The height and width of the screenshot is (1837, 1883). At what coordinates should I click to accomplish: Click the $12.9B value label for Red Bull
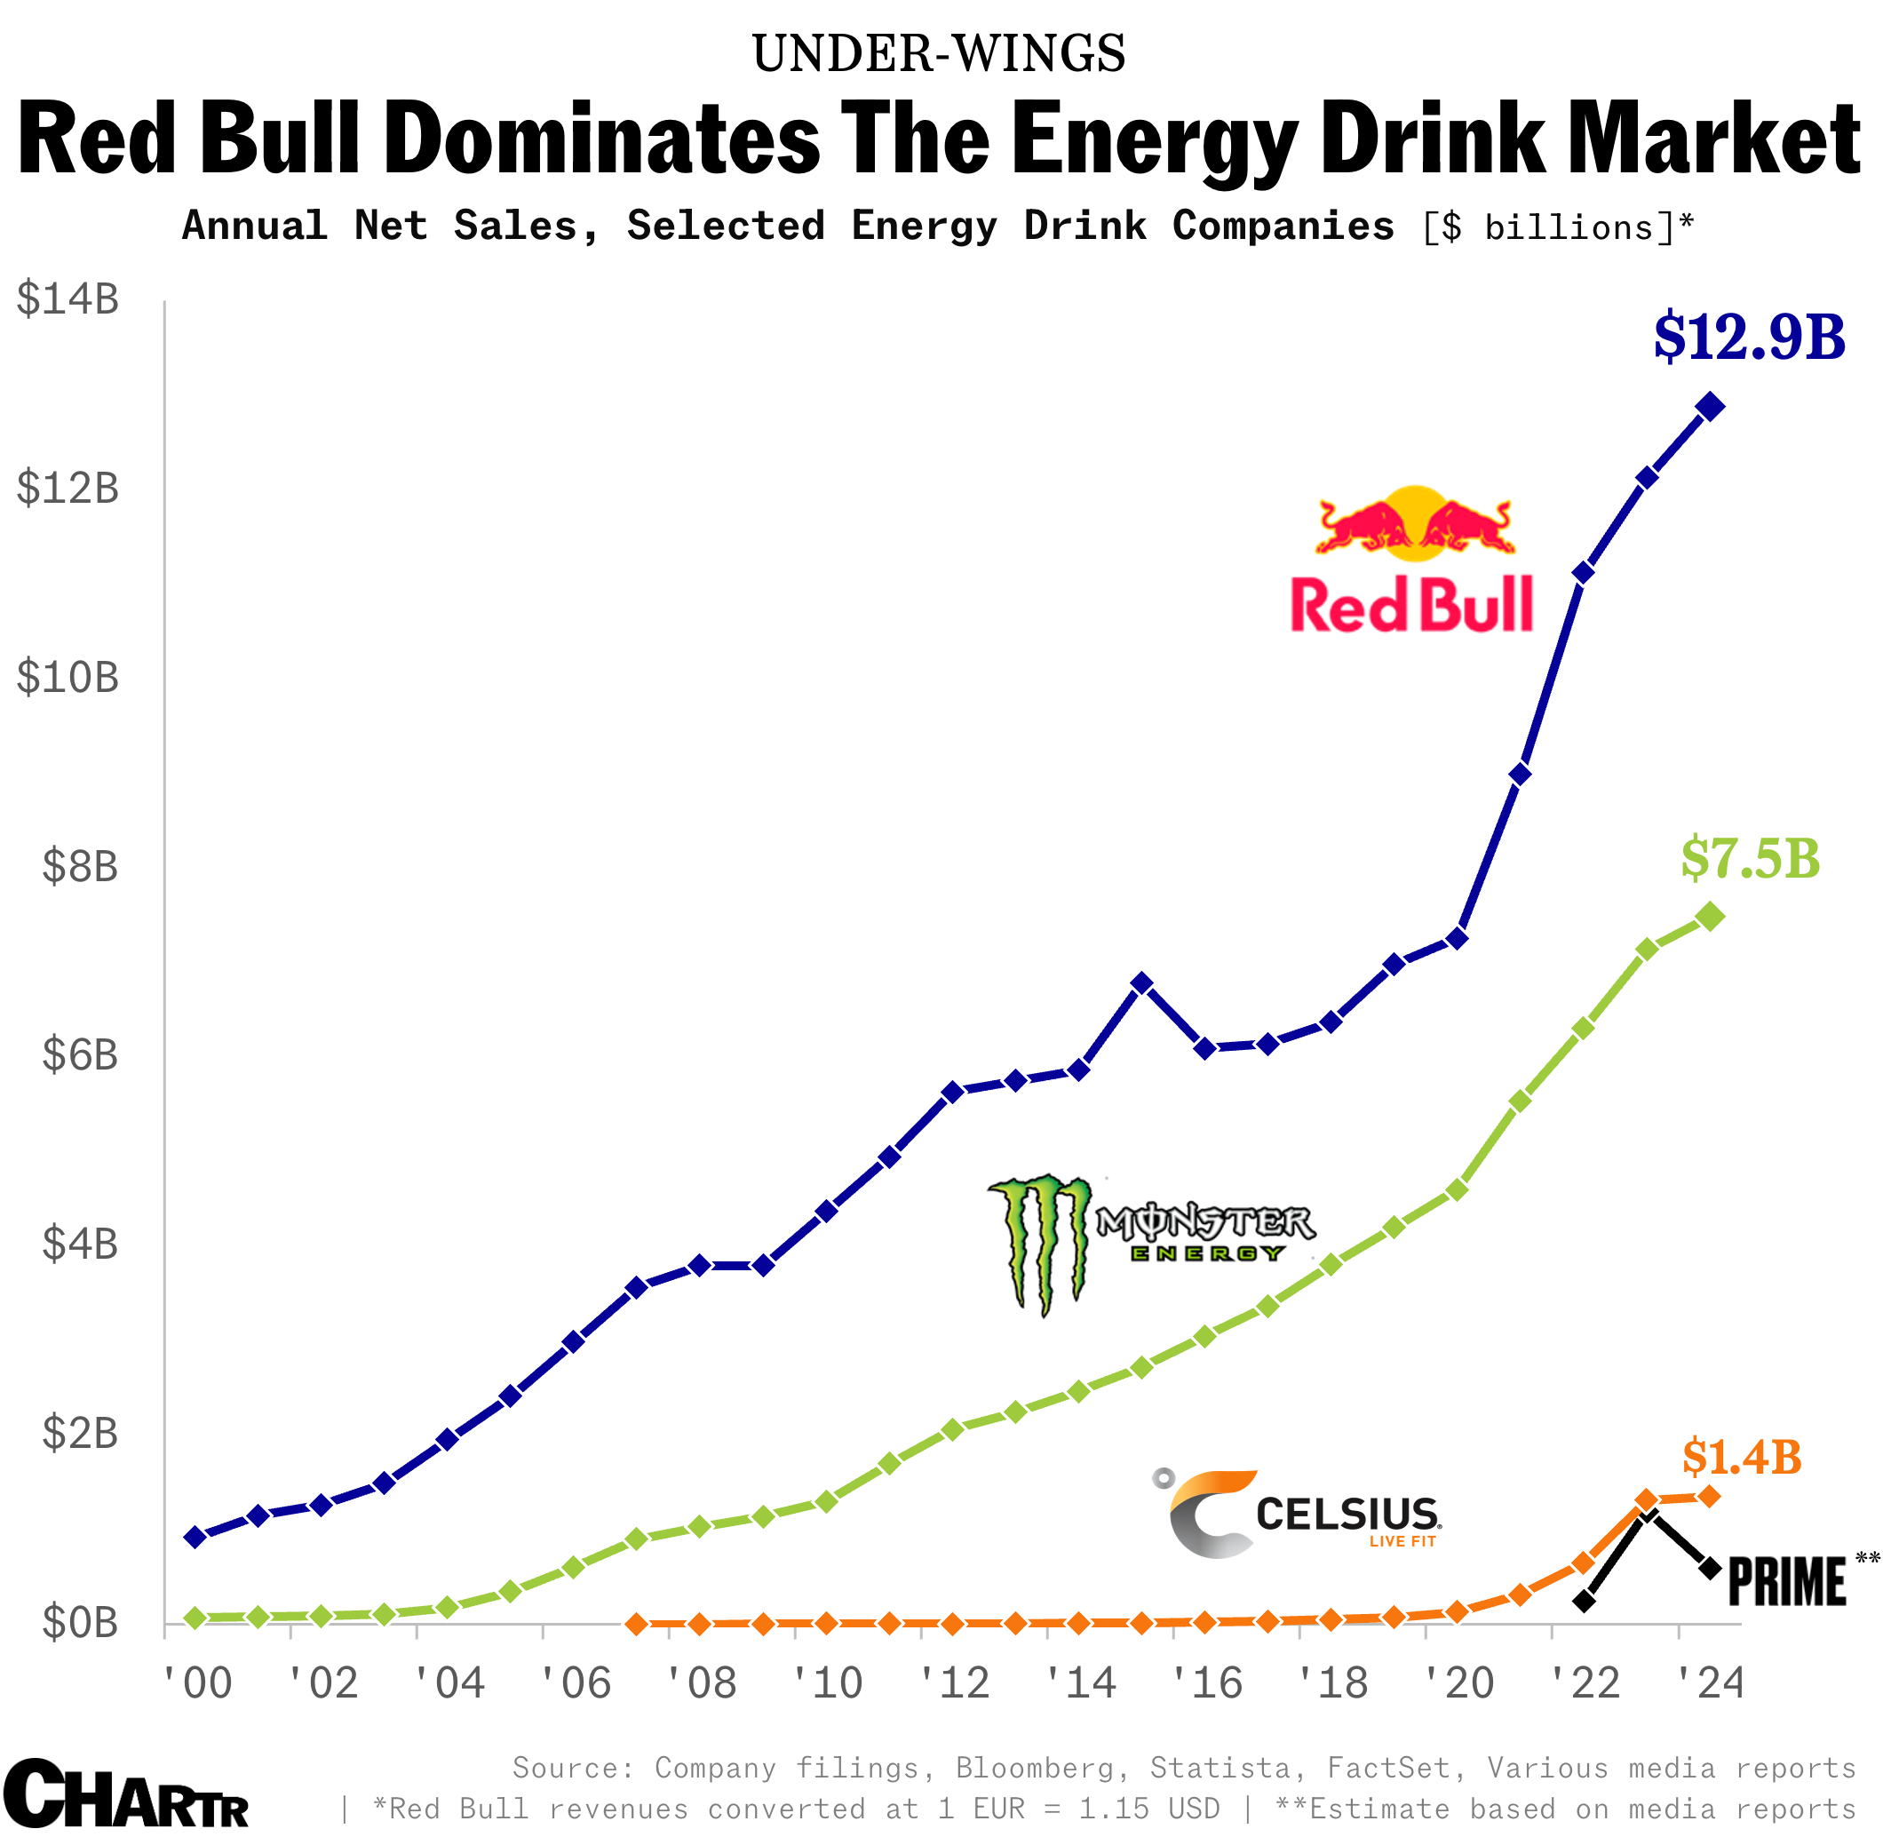(1748, 337)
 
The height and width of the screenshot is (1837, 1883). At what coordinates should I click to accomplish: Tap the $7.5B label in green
(1749, 858)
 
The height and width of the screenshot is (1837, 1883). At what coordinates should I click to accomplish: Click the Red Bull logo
(1412, 560)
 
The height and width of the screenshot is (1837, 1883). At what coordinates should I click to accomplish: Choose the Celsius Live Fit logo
(1298, 1514)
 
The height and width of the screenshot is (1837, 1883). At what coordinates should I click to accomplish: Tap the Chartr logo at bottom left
(125, 1795)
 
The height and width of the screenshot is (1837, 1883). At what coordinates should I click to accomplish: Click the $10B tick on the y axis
(68, 677)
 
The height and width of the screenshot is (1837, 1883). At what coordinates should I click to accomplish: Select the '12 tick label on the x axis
(955, 1683)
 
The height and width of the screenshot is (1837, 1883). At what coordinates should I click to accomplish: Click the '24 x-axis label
(1711, 1683)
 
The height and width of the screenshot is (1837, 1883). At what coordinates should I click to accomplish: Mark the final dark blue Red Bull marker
(1710, 406)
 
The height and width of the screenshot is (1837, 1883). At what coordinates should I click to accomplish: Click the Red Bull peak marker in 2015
(1141, 983)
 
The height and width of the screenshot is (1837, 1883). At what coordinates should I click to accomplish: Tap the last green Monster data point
(1710, 917)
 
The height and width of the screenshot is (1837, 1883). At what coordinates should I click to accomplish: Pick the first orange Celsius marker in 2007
(637, 1624)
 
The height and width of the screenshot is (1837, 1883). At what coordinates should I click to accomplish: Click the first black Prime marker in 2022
(1584, 1602)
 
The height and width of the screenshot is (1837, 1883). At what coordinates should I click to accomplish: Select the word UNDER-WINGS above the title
(939, 54)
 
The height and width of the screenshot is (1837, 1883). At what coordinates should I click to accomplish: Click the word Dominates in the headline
(602, 139)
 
